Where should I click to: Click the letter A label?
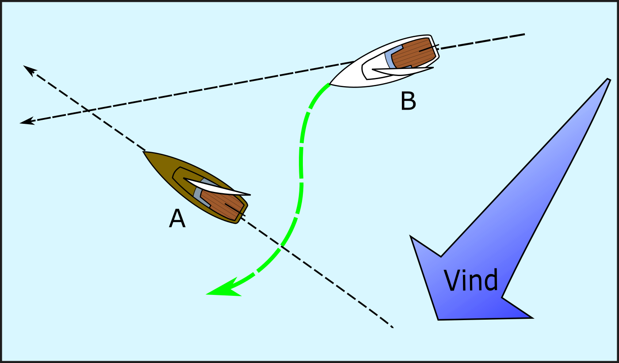177,219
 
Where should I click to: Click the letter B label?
408,101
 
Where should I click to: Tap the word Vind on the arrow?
471,280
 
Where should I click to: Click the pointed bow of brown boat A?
145,153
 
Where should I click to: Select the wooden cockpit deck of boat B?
411,53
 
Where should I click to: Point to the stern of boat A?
241,214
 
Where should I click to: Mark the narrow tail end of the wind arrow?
608,80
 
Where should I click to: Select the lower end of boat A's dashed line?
392,327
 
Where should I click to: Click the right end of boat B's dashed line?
524,34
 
